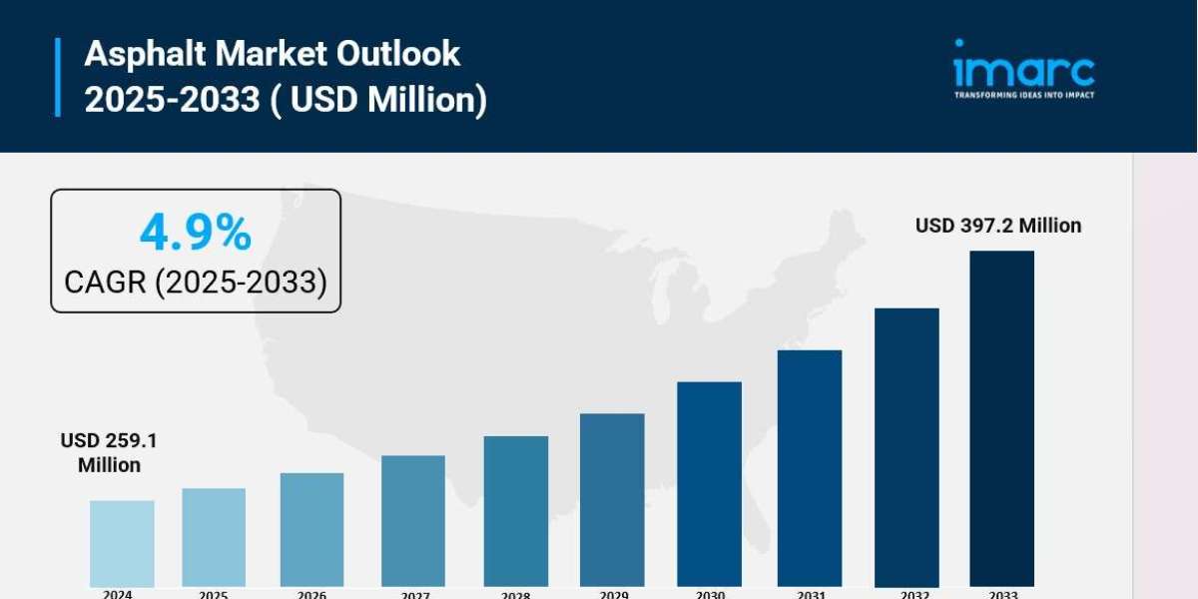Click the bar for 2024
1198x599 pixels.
pos(122,543)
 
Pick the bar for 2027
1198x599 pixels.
pos(413,521)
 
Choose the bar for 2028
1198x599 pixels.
pos(516,511)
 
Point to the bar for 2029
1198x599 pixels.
pos(612,499)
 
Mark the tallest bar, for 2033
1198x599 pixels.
pos(1001,418)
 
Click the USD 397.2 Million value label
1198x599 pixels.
pos(998,226)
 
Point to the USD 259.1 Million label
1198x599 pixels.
pos(110,452)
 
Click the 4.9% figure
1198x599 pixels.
pos(196,234)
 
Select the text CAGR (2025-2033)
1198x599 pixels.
pos(196,283)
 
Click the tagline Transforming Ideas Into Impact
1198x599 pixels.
pos(1024,95)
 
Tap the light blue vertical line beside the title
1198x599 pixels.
pos(57,77)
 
